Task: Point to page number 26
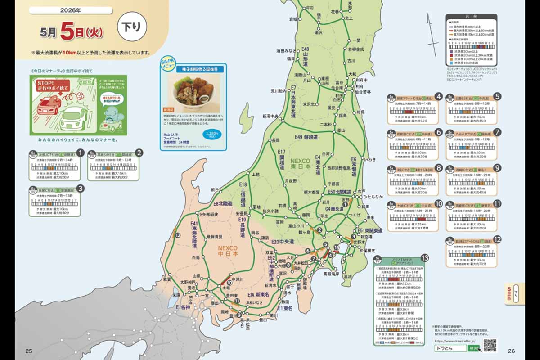pos(511,351)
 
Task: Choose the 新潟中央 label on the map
pos(273,117)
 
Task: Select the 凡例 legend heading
pos(471,16)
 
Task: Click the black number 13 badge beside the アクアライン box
pos(425,258)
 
